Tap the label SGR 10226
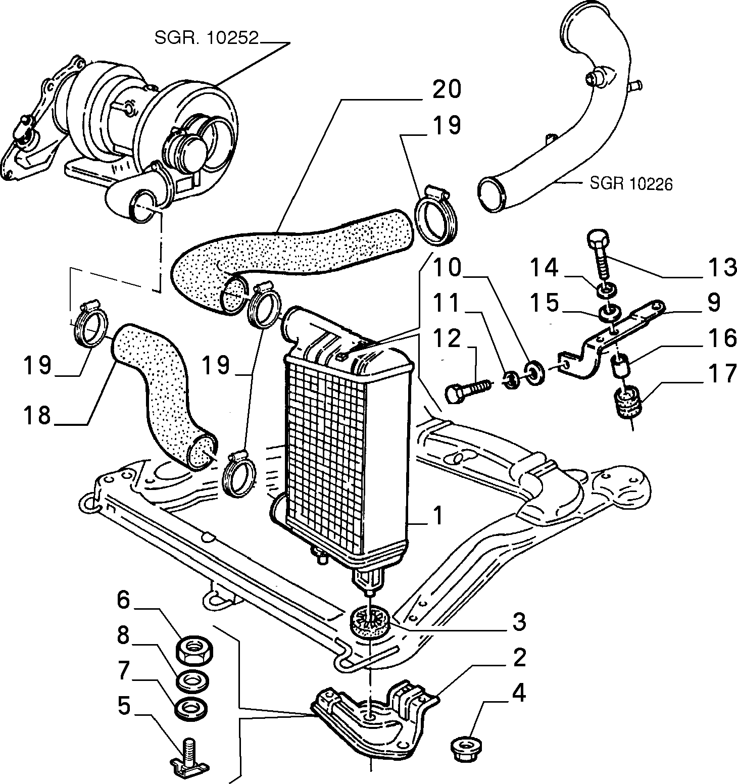[631, 183]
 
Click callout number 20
[447, 90]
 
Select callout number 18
[37, 415]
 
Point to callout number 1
[437, 516]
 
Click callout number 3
[519, 621]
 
